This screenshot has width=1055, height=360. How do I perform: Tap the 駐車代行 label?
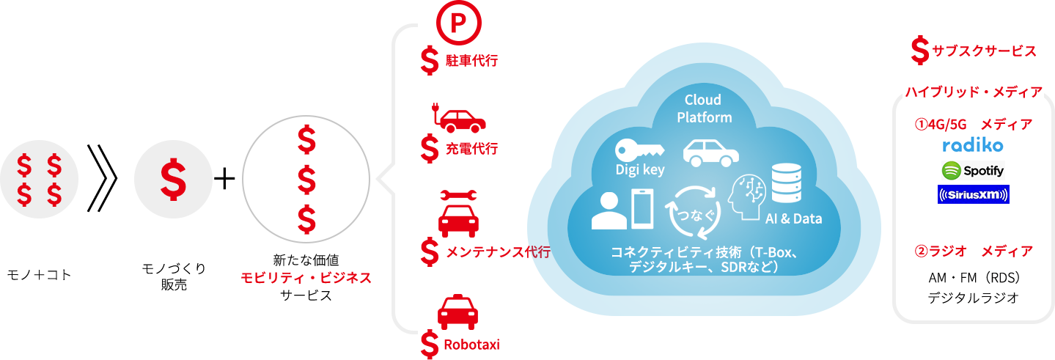click(471, 60)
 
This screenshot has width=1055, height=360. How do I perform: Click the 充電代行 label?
click(471, 149)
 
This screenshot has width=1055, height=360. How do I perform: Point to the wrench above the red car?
click(458, 196)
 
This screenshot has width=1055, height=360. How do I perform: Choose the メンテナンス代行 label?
click(498, 252)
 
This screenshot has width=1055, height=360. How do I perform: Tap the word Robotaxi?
click(471, 344)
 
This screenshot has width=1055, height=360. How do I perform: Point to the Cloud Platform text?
click(703, 109)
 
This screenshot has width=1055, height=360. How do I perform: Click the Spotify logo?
click(973, 170)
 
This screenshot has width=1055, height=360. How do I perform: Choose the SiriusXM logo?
click(973, 195)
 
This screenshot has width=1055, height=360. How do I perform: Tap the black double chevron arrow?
click(102, 178)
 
